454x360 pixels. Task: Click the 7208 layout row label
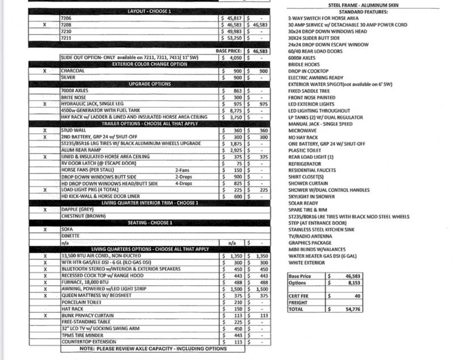(67, 26)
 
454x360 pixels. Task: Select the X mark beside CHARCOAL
(44, 71)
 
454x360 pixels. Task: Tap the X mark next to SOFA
(44, 230)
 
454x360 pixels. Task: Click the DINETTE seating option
(71, 235)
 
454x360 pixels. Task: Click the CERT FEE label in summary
(299, 296)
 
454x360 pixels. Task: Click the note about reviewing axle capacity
(153, 349)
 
